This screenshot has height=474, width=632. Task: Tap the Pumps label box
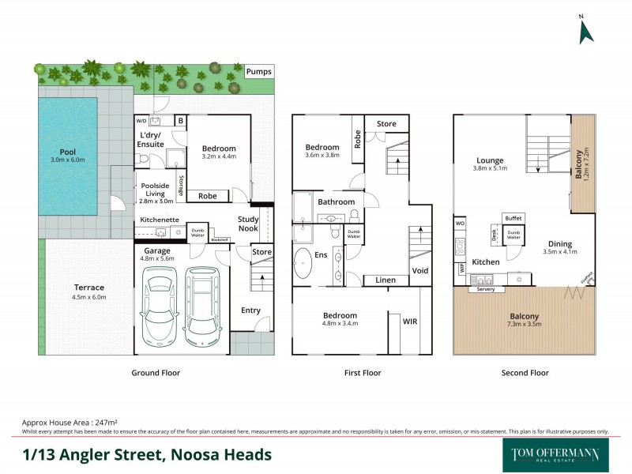click(x=259, y=72)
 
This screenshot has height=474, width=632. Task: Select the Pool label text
click(x=67, y=152)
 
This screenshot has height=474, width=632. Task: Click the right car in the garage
click(x=201, y=307)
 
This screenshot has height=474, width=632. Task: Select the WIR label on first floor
click(x=410, y=322)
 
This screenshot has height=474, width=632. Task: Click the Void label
click(x=419, y=270)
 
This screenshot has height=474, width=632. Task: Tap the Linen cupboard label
click(x=385, y=280)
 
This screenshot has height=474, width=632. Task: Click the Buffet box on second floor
click(x=513, y=218)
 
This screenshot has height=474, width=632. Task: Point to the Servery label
click(x=486, y=289)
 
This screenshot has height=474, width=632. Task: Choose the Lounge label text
click(x=490, y=160)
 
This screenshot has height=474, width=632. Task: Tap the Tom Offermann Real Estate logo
click(x=551, y=454)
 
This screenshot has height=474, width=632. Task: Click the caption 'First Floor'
click(x=362, y=372)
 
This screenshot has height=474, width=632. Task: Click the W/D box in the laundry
click(x=142, y=121)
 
